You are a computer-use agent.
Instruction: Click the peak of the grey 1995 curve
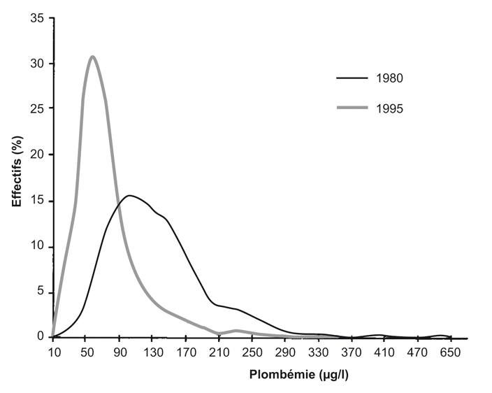(92, 57)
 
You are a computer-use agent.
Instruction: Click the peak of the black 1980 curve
(130, 196)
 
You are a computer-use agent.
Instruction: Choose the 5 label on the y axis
(41, 292)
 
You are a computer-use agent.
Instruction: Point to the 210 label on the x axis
(219, 352)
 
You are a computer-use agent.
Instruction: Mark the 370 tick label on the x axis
(352, 352)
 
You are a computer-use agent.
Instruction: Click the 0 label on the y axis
(41, 337)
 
